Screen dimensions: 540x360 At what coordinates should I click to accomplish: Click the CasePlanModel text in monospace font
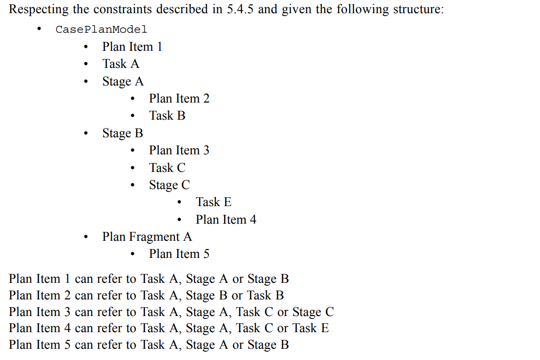click(101, 29)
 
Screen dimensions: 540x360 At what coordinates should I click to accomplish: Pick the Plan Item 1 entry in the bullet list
click(132, 47)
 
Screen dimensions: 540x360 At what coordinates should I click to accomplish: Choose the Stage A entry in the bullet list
click(123, 82)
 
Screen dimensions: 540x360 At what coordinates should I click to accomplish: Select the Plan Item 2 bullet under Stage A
click(179, 99)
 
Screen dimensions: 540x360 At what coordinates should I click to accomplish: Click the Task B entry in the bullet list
click(167, 116)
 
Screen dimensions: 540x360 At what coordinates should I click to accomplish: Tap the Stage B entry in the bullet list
click(123, 133)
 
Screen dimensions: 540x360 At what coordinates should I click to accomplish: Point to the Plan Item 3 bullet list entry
click(179, 150)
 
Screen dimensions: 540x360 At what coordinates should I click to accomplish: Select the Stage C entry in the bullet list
click(169, 185)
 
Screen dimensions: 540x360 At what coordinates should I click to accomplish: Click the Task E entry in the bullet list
click(213, 202)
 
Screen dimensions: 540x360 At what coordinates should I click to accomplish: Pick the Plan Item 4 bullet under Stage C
click(226, 220)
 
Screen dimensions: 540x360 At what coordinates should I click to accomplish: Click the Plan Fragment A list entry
click(147, 237)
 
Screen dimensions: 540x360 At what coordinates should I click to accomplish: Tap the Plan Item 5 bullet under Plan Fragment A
click(179, 254)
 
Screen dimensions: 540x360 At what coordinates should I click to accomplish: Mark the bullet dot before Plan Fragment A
click(86, 237)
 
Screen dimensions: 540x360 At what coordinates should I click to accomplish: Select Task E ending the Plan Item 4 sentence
click(311, 328)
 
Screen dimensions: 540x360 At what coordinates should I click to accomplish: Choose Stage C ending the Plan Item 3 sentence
click(313, 312)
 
